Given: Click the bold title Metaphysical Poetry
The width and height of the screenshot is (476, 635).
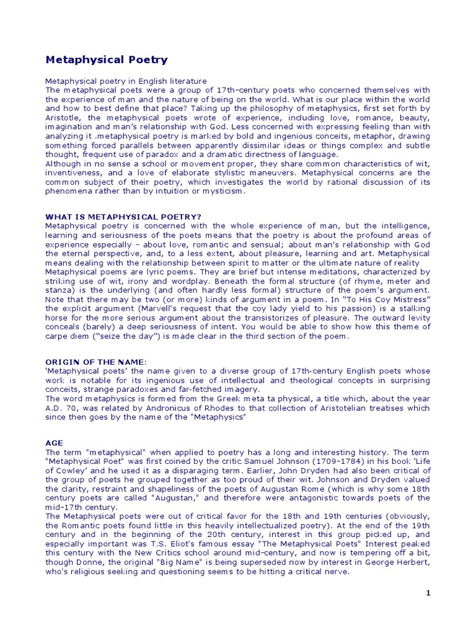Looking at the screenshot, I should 107,60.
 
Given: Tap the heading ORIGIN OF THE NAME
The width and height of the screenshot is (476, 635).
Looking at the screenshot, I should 96,362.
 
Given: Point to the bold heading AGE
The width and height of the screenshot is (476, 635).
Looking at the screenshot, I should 55,444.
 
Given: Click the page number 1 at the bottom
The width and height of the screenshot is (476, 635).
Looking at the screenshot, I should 428,593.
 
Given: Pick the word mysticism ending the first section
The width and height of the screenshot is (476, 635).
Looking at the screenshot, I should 225,192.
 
